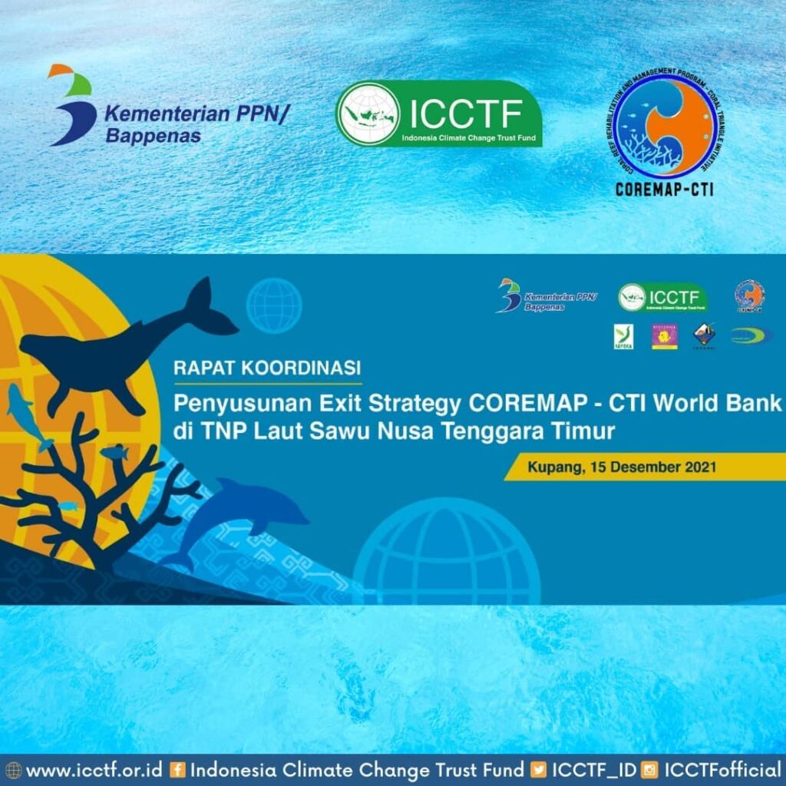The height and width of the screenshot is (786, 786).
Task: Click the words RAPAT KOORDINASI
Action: [x=267, y=368]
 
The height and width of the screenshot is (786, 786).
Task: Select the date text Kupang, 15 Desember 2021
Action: [x=622, y=466]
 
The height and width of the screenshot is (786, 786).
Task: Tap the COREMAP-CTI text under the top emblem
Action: [x=664, y=189]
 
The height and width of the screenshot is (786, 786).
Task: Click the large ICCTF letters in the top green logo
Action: [x=466, y=114]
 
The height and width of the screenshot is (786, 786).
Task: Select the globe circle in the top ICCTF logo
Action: [x=369, y=114]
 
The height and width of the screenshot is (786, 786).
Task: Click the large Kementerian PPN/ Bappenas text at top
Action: [x=196, y=125]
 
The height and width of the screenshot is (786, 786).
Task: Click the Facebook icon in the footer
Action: [x=178, y=770]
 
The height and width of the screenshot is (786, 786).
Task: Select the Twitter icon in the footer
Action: [x=540, y=770]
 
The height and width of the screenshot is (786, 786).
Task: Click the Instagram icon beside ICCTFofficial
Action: [x=650, y=770]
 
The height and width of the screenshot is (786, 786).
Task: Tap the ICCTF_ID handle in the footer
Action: [x=594, y=769]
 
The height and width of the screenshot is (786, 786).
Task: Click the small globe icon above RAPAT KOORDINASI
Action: [x=274, y=305]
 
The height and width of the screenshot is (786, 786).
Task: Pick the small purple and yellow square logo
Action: [x=664, y=336]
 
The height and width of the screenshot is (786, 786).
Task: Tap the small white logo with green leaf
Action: [x=623, y=336]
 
